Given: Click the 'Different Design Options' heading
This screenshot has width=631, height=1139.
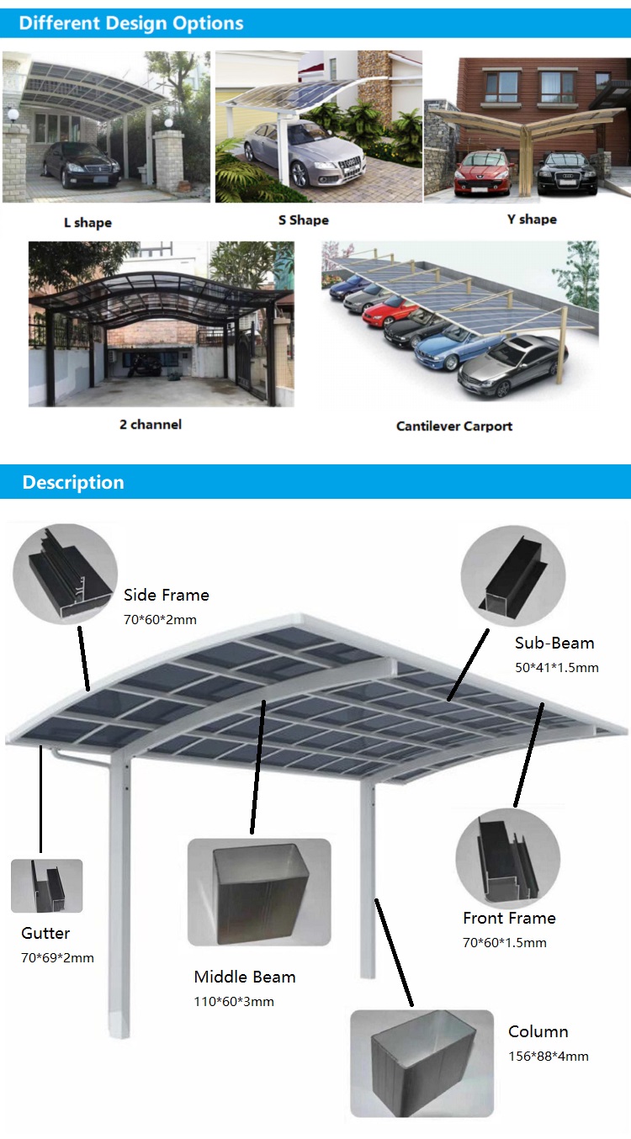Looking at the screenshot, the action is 131,23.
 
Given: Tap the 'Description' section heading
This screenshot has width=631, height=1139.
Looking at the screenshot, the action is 73,482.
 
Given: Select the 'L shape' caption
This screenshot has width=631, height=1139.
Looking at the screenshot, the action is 87,223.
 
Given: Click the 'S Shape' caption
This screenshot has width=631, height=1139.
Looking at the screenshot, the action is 304,220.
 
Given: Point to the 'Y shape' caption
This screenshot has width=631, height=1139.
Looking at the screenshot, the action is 532,220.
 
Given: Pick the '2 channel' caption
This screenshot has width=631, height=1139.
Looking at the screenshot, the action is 151,424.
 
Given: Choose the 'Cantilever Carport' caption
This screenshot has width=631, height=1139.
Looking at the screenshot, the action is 454,426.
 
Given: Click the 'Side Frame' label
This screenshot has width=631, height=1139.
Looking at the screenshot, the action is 167,595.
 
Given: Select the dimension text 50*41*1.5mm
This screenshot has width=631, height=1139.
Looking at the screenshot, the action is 557,667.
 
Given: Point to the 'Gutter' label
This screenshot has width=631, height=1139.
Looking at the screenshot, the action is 45,933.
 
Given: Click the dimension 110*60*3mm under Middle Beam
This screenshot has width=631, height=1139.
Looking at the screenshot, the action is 234,1001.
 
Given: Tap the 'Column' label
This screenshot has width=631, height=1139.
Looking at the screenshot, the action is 538,1031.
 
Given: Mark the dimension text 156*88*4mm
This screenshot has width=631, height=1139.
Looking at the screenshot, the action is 549,1056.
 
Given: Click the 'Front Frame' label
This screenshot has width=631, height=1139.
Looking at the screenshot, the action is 509,918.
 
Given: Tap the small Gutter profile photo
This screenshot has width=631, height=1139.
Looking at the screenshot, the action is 47,886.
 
